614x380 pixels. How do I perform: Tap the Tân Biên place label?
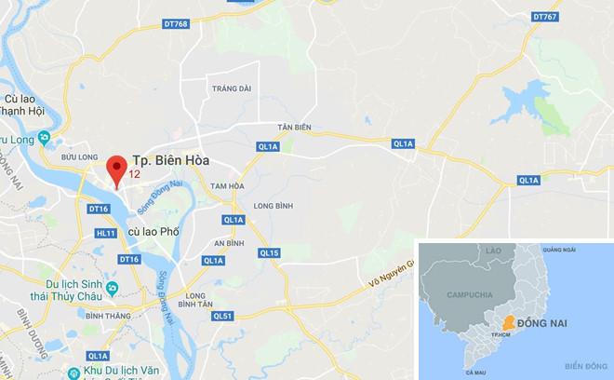[292, 127]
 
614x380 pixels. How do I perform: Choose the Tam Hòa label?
[225, 186]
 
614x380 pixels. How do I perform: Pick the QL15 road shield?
[269, 252]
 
